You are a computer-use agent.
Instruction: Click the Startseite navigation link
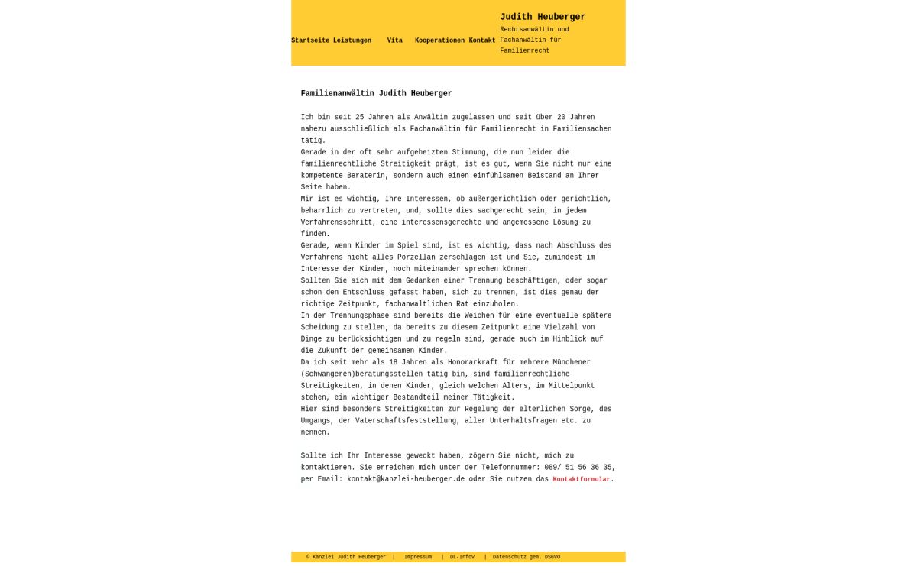click(309, 40)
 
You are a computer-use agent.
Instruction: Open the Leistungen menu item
click(352, 40)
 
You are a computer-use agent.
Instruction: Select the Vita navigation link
click(394, 40)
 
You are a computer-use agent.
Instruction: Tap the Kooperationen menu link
click(439, 40)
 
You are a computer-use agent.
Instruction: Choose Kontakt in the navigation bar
click(482, 40)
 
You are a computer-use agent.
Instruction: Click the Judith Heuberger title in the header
click(543, 17)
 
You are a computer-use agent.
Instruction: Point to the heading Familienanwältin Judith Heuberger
click(376, 94)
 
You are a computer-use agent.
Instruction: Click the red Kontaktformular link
click(582, 480)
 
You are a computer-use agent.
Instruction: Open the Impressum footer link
click(418, 557)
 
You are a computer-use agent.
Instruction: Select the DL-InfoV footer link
click(462, 557)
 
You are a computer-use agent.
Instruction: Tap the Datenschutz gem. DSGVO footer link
click(527, 557)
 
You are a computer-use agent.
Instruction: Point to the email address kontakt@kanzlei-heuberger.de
click(406, 479)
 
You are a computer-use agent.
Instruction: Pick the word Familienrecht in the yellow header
click(525, 51)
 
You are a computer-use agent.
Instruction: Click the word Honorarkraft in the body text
click(445, 362)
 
